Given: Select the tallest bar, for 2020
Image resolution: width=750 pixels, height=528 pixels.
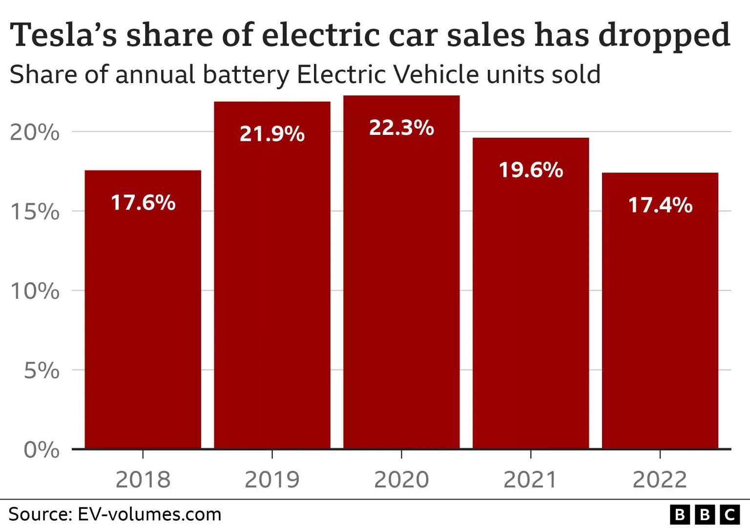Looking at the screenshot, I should coord(401,293).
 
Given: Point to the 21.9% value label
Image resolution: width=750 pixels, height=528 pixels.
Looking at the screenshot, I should coord(272,134).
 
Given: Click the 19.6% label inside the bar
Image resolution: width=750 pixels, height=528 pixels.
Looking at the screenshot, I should coord(531,170).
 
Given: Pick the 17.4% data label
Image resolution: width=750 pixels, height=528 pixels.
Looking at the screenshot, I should coord(660,205).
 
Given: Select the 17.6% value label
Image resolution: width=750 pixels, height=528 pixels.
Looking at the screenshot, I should coord(143,203).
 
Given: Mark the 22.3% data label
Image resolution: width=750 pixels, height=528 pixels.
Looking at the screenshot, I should coord(401,128).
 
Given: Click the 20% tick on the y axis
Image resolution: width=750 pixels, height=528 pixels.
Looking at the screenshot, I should coord(35,132).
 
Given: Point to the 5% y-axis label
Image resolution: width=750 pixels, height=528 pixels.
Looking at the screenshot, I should coord(42,371).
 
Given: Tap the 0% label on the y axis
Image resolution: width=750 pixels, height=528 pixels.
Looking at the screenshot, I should coord(42,450).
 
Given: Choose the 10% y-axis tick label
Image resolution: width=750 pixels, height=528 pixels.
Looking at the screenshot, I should coord(35,291).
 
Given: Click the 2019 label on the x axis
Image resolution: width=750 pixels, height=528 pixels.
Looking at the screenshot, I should coord(272,480).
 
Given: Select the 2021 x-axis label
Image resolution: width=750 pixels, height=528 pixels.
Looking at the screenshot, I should coord(530,480).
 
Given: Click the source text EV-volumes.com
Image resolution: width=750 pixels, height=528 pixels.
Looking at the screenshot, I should coord(149,514).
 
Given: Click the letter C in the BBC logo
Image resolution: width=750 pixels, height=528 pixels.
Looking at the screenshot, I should coord(730,515).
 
